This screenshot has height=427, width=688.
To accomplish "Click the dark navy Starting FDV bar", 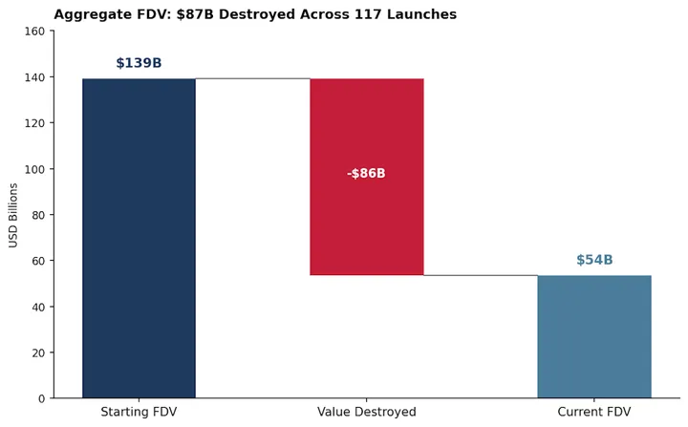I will pos(139,238).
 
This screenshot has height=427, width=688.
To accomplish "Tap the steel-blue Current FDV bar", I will pos(594,336).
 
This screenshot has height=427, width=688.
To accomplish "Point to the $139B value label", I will pos(139,63).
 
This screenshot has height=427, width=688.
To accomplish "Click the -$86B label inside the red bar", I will pos(366,174).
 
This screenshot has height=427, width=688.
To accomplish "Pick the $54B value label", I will pos(594,260).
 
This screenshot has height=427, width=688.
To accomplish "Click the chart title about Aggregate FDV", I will pos(255,14).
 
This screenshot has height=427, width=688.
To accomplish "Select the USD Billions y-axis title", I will pos(13,215).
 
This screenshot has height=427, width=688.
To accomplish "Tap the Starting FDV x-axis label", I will pos(139,412).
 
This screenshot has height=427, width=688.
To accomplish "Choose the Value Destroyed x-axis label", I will pos(367,412).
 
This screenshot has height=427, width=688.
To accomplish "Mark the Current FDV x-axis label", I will pos(594,412).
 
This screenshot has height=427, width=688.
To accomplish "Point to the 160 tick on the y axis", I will pos(34,32).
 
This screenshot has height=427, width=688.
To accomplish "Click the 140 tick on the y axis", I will pos(34,77).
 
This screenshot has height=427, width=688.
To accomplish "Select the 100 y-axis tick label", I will pos(34,169).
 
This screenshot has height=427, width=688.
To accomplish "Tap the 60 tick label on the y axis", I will pos(37,261).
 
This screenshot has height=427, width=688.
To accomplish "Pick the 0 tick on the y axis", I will pos(41,398).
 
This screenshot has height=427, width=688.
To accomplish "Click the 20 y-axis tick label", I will pos(37,352).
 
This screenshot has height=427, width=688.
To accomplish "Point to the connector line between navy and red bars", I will pos(253,78).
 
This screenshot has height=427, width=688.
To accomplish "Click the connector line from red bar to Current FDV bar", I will pos(481,275).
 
